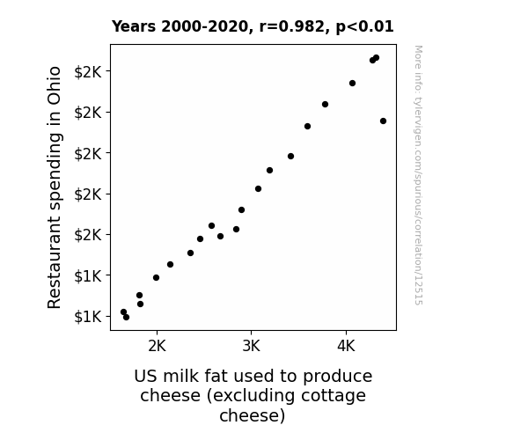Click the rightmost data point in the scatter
point(383,121)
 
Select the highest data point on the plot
point(376,58)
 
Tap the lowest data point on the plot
point(126,318)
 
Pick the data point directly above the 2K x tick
point(156,277)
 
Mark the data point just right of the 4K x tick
point(352,84)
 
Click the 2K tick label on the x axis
point(157,347)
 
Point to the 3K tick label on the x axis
point(251,347)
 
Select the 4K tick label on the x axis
point(346,347)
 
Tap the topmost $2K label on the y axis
point(88,72)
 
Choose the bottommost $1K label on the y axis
point(88,317)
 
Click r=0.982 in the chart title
point(292,26)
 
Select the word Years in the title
point(134,26)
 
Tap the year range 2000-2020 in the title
point(204,26)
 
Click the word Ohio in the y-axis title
point(55,85)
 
